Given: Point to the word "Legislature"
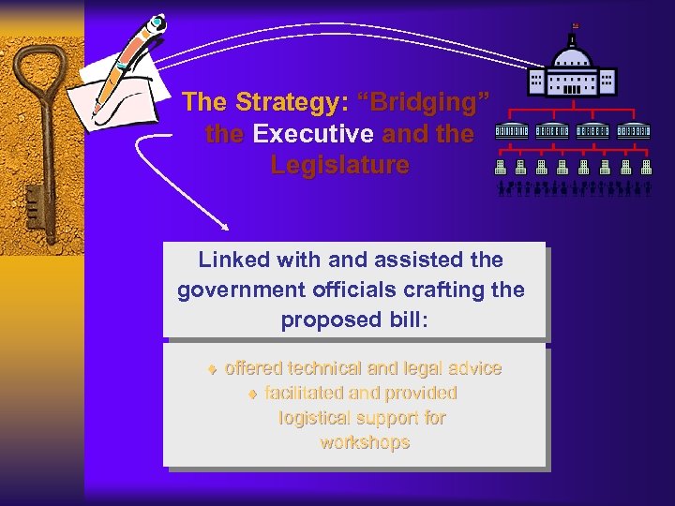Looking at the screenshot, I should pyautogui.click(x=340, y=166).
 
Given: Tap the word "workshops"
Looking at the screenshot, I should pyautogui.click(x=365, y=442).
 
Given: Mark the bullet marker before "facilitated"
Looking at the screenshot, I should pyautogui.click(x=250, y=394).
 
